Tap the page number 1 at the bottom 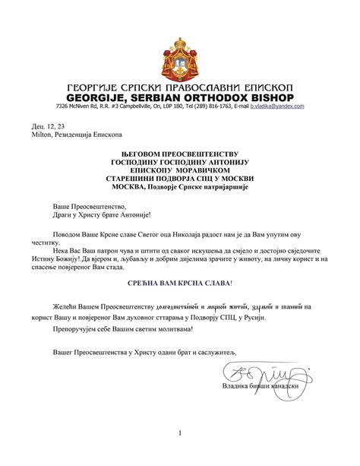pyautogui.click(x=180, y=433)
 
